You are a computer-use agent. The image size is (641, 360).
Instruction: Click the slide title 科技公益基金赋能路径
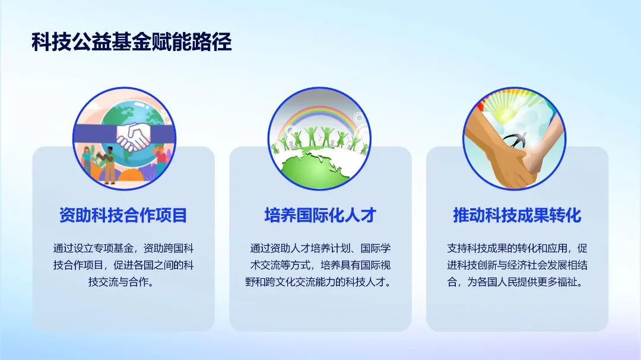[x=132, y=42]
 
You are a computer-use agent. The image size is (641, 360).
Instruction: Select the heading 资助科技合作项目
[x=123, y=215]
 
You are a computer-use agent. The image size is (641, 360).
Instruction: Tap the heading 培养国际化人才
[x=320, y=215]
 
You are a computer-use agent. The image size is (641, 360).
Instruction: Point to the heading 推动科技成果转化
[x=517, y=215]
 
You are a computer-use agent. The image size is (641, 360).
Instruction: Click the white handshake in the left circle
[x=133, y=136]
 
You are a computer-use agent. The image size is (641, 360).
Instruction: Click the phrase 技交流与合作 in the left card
[x=118, y=282]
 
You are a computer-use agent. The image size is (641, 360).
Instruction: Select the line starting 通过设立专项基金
[x=123, y=248]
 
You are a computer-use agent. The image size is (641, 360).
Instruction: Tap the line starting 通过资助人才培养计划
[x=320, y=248]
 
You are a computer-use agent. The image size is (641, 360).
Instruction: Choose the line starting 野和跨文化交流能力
[x=318, y=282]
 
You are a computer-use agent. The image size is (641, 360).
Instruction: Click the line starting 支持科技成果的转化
[x=517, y=248]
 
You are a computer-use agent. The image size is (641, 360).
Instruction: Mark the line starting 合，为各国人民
[x=515, y=282]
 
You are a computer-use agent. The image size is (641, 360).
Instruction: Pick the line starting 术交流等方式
[x=320, y=265]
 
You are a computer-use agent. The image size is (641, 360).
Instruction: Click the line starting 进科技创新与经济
[x=517, y=265]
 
